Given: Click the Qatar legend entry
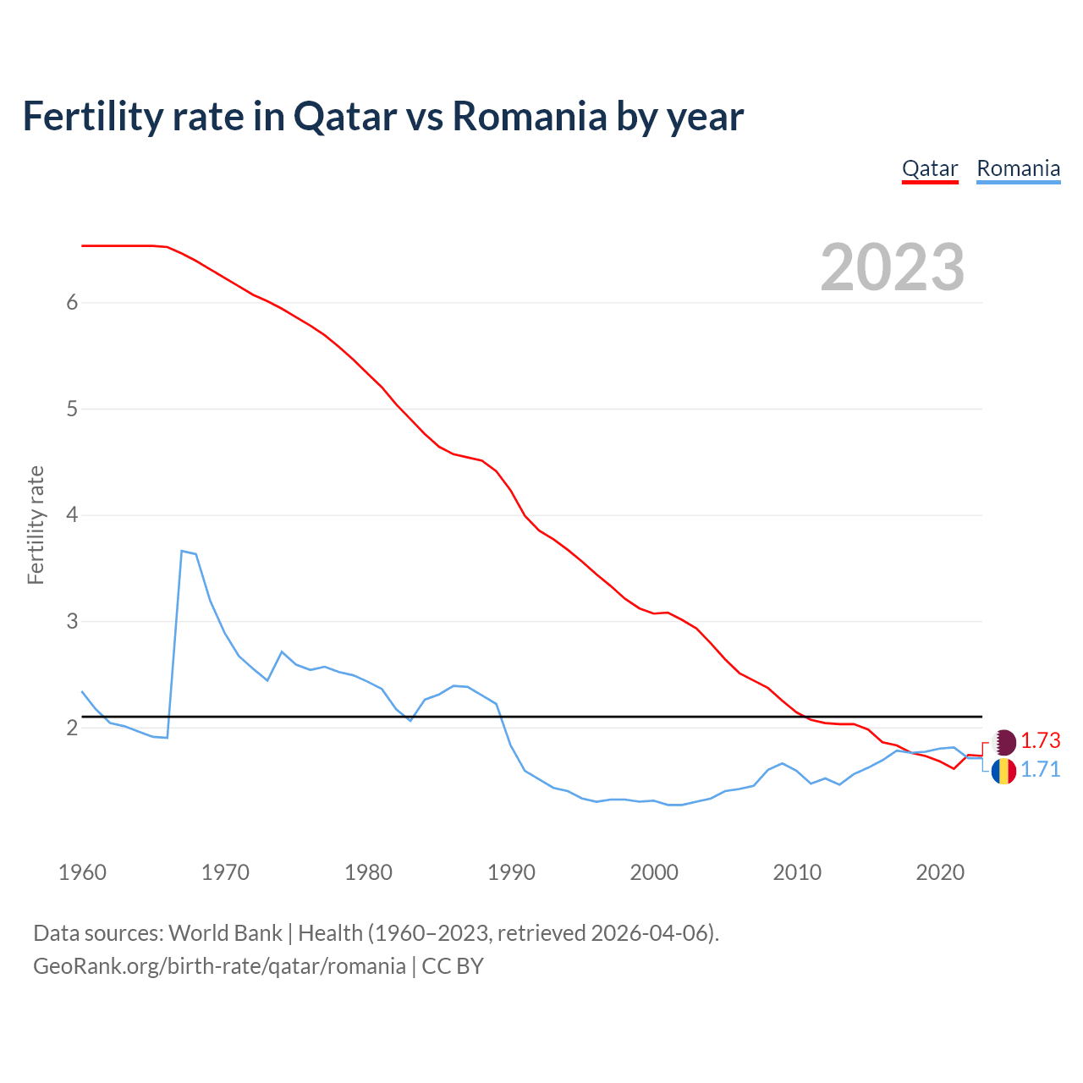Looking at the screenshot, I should pos(930,168).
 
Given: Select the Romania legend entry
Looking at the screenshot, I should pos(1018,168).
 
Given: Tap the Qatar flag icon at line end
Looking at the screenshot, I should pos(1003,742).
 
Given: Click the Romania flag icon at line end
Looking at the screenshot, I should pos(1003,771).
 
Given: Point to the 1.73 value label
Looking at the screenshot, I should pos(1040,740).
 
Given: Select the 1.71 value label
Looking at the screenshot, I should pos(1040,769).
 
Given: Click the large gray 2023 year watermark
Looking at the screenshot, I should pos(892,267).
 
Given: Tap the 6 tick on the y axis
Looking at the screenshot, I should pos(72,303).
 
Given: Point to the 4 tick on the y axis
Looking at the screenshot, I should pos(72,515).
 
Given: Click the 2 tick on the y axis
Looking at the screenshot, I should pos(72,728).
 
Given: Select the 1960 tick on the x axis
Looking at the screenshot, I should pos(82,872).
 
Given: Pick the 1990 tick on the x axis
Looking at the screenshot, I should pos(511,872).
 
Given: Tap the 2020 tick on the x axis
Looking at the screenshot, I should pos(940,872).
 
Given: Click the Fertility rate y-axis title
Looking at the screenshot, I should pos(36,525).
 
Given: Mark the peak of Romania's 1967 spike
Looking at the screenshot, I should pos(182,551).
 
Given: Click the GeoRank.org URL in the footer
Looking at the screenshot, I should pos(219,966).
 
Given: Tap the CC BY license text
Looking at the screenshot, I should pos(453,966).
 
